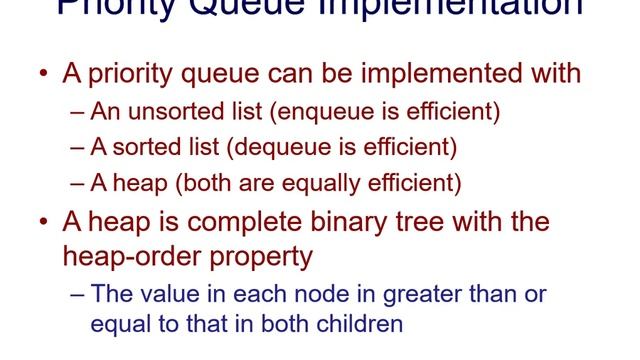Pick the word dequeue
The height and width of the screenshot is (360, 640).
[276, 147]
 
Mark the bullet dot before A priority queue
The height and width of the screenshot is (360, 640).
[43, 75]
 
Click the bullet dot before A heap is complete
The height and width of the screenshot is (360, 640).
[43, 222]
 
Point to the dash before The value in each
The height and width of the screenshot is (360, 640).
[79, 295]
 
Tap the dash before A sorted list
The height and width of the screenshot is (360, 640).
[79, 147]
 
